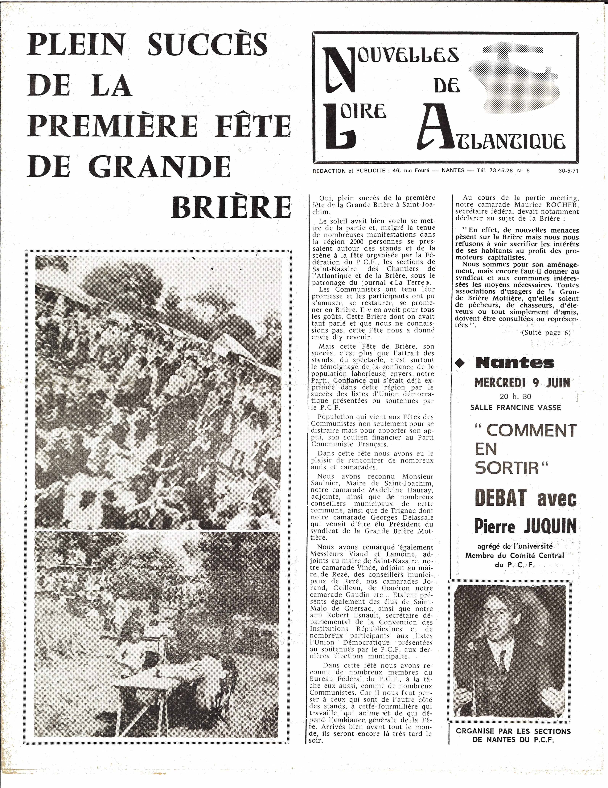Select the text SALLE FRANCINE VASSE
(516, 408)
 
